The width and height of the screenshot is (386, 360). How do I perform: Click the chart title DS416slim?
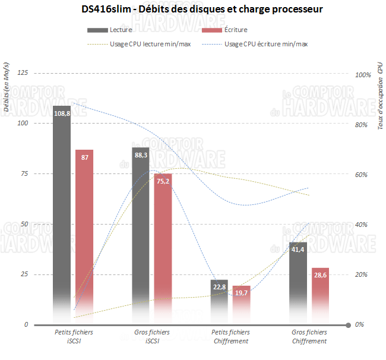[x=192, y=10]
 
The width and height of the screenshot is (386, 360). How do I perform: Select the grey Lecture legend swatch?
[x=97, y=30]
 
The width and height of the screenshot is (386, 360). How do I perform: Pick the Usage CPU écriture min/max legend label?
[x=266, y=44]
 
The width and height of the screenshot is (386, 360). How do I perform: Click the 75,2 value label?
[x=163, y=181]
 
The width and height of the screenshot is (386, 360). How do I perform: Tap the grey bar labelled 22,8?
[x=219, y=297]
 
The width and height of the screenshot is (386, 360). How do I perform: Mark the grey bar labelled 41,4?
[x=298, y=279]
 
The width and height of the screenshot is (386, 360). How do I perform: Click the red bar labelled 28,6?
[x=320, y=291]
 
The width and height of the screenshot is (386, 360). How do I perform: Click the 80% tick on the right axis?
[x=362, y=125]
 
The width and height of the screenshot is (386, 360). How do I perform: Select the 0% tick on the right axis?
[x=359, y=325]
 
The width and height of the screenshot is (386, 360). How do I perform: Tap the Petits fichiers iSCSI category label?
[x=74, y=337]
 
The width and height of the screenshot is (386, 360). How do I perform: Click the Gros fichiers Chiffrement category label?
[x=309, y=337]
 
